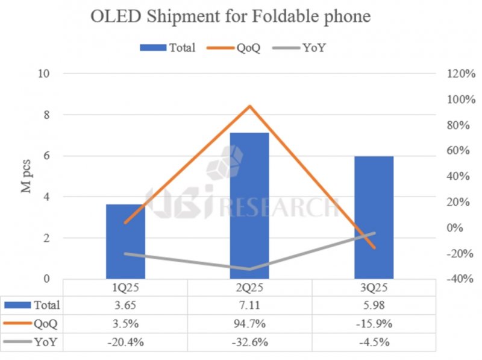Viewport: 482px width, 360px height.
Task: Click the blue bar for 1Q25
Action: pos(125,241)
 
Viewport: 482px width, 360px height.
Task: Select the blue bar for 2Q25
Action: pos(249,205)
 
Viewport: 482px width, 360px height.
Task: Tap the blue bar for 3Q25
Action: pos(374,217)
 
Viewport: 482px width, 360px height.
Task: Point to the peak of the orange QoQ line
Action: pos(249,106)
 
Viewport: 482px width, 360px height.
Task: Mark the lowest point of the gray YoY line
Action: pos(249,269)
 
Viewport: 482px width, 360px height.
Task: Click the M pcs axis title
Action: pos(28,176)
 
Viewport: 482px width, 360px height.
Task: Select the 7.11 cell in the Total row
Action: pos(249,306)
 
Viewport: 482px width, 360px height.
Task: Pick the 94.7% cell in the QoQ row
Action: pos(249,324)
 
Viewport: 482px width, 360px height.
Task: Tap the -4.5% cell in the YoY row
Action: pos(374,342)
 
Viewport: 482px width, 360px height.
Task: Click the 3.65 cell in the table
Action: pos(125,306)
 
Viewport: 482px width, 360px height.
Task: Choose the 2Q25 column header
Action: pos(249,288)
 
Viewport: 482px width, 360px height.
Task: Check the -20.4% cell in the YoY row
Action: pos(125,342)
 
